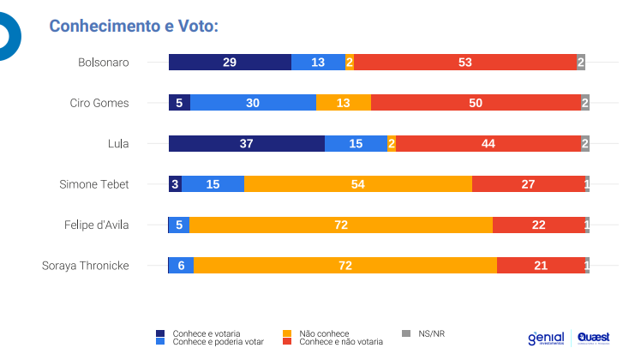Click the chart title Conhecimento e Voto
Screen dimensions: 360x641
click(x=135, y=26)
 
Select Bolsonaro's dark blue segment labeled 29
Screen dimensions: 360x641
click(x=230, y=62)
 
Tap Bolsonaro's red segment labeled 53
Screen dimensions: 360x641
click(x=465, y=62)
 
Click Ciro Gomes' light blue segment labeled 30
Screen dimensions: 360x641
click(x=253, y=103)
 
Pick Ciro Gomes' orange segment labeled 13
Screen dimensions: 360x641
click(x=343, y=103)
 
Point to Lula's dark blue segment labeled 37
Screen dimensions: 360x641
click(x=246, y=143)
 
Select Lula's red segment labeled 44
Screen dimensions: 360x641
click(x=488, y=143)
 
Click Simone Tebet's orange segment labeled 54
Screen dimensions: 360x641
click(x=357, y=183)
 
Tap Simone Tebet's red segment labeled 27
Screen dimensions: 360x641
click(x=528, y=183)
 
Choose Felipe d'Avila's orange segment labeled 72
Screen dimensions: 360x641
click(x=340, y=225)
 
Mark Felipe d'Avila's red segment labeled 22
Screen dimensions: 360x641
click(x=538, y=225)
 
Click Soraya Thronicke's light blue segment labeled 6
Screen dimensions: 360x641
click(x=181, y=265)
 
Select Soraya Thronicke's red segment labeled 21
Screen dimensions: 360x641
click(x=540, y=265)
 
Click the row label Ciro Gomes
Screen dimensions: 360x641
click(x=99, y=103)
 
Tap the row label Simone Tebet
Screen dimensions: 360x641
click(x=94, y=183)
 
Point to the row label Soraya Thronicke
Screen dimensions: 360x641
click(x=86, y=265)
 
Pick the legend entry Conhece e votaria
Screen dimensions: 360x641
click(x=206, y=333)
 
